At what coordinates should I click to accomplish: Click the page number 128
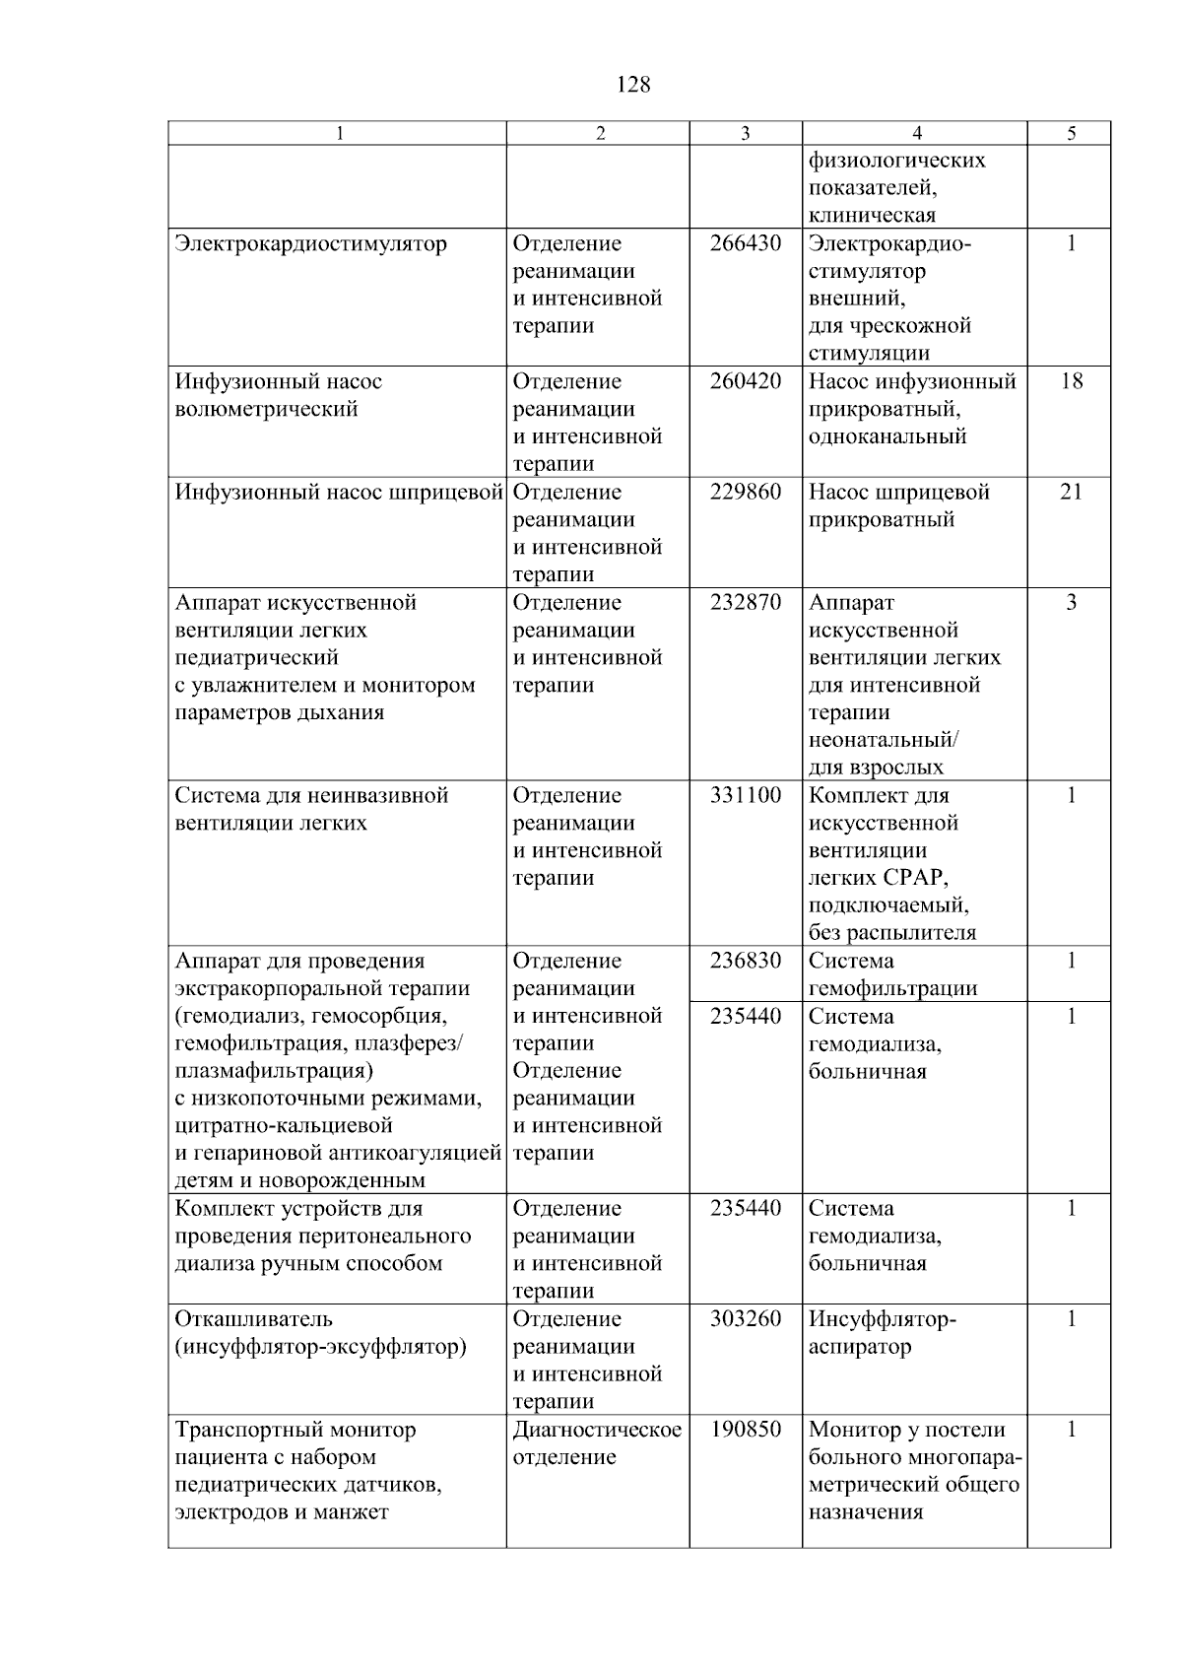[632, 85]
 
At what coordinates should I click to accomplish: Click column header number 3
[745, 134]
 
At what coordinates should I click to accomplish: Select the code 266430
[745, 243]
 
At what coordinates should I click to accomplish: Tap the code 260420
[745, 381]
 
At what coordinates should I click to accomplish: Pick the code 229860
[745, 492]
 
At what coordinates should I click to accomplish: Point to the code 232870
[745, 602]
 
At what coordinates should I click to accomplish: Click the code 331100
[745, 795]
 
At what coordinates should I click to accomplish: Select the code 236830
[745, 961]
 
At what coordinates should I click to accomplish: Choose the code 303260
[745, 1318]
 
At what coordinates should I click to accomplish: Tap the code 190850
[745, 1429]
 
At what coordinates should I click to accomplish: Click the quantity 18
[1071, 381]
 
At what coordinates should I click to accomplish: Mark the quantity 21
[1071, 492]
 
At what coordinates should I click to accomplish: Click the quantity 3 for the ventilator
[1071, 602]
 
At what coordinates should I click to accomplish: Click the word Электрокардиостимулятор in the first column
[310, 243]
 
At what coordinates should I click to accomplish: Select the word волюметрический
[266, 409]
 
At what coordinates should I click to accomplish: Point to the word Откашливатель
[253, 1318]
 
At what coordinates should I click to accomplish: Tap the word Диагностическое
[597, 1429]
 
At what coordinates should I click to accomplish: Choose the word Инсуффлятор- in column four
[882, 1318]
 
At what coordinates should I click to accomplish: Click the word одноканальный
[887, 436]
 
